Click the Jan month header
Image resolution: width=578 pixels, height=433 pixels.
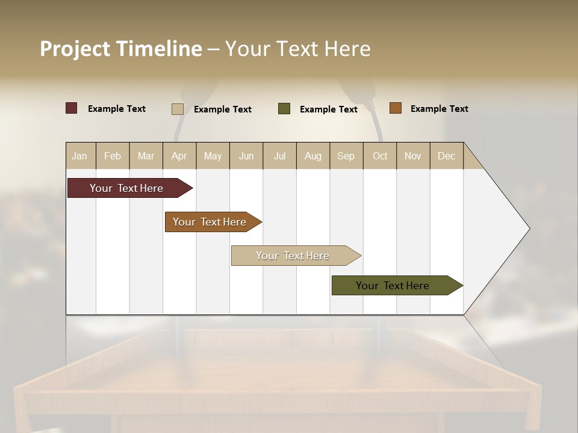pos(80,156)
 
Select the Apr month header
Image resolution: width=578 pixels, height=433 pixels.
pos(179,156)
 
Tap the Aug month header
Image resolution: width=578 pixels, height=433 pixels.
pos(313,156)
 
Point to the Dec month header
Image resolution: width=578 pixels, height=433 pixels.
pos(447,156)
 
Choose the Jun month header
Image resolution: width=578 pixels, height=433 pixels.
pos(246,156)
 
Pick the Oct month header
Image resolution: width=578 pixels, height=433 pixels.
pos(380,156)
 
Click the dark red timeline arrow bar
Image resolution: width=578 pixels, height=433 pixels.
pos(127,188)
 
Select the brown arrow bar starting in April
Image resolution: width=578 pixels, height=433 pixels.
pos(210,222)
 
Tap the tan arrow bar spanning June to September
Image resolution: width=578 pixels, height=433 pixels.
pos(293,256)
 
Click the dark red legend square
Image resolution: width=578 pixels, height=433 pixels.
pos(72,108)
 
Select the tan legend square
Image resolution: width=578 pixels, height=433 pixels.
pos(178,109)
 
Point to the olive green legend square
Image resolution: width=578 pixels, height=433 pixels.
pos(284,109)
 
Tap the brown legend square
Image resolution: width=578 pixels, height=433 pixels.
pos(396,108)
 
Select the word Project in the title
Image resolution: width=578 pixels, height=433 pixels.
pos(75,49)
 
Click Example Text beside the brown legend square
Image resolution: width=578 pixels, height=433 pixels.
pos(440,109)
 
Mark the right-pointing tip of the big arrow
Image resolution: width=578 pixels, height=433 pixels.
pos(529,229)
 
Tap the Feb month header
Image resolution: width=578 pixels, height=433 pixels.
pos(113,156)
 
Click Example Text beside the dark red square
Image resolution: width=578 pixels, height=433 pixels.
pos(117,109)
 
